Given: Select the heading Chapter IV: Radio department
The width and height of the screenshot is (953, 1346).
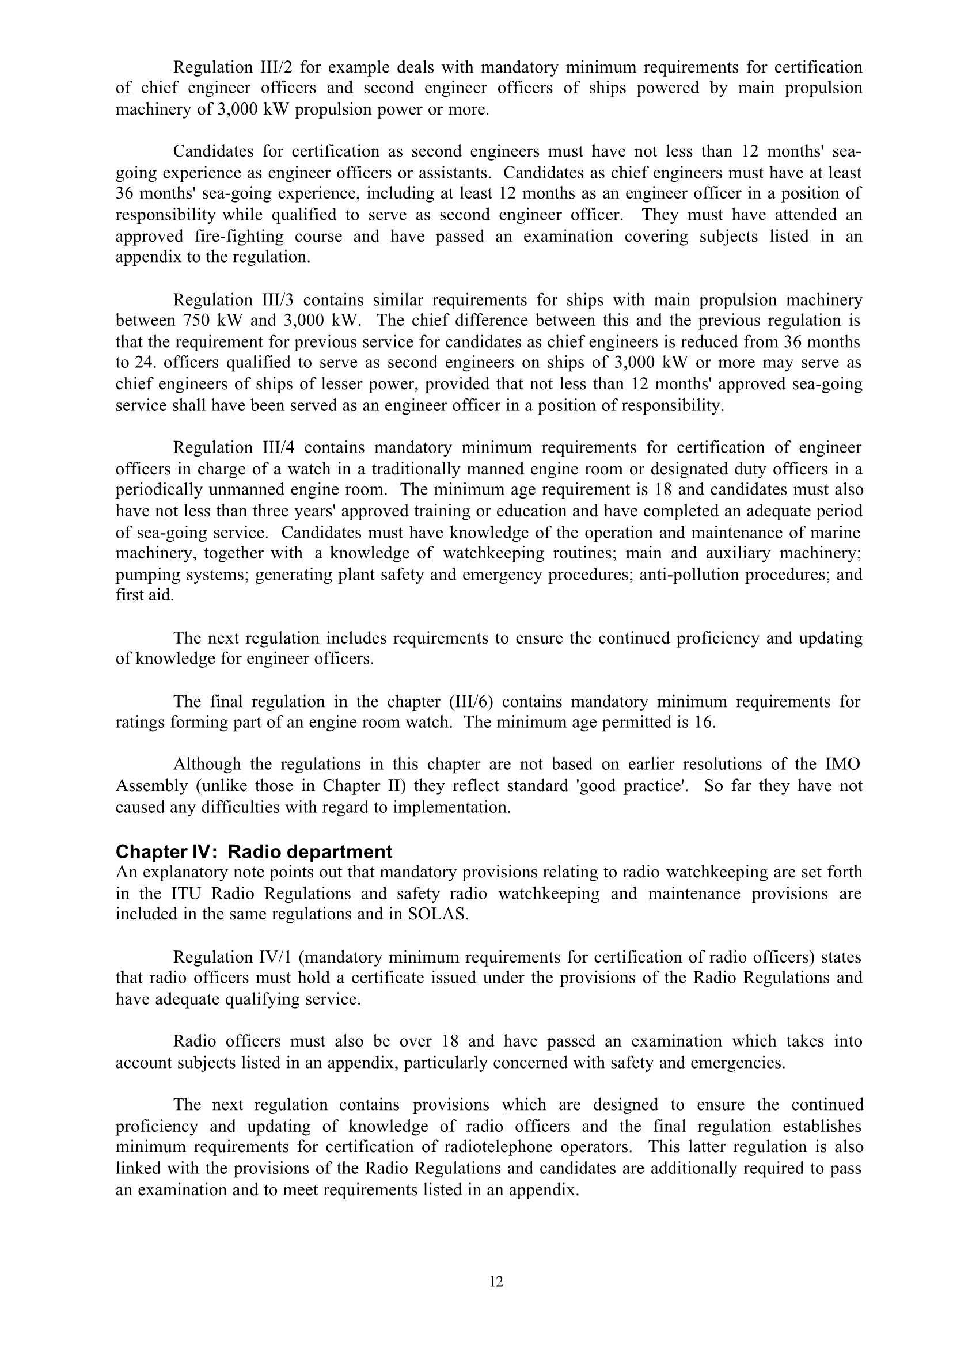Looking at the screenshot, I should pyautogui.click(x=253, y=851).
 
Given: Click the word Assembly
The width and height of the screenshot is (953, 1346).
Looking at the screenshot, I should pyautogui.click(x=151, y=786).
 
